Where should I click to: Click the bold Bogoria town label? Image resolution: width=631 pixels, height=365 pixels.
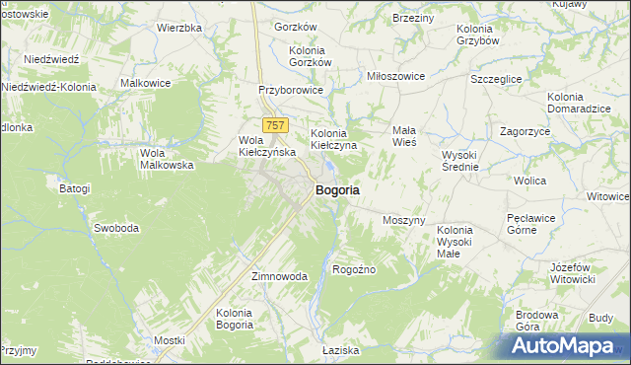(x=336, y=189)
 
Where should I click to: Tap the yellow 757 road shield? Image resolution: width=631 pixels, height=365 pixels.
(x=275, y=124)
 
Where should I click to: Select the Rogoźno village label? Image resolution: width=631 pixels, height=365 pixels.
(x=355, y=268)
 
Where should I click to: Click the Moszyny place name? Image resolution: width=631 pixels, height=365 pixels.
(x=403, y=220)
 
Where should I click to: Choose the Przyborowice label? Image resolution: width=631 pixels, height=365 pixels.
(x=291, y=89)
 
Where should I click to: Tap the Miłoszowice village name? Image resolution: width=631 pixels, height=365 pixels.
(x=395, y=76)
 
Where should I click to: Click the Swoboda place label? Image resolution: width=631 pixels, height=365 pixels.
(x=115, y=228)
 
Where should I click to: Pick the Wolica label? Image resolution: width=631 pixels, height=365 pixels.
(x=530, y=181)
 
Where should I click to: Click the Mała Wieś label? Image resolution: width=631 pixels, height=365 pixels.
(x=404, y=136)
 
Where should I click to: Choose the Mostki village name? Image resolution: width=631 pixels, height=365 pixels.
(x=170, y=340)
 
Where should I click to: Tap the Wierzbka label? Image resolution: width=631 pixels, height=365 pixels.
(x=179, y=28)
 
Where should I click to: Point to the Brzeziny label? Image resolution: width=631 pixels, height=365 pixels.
(x=413, y=18)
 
